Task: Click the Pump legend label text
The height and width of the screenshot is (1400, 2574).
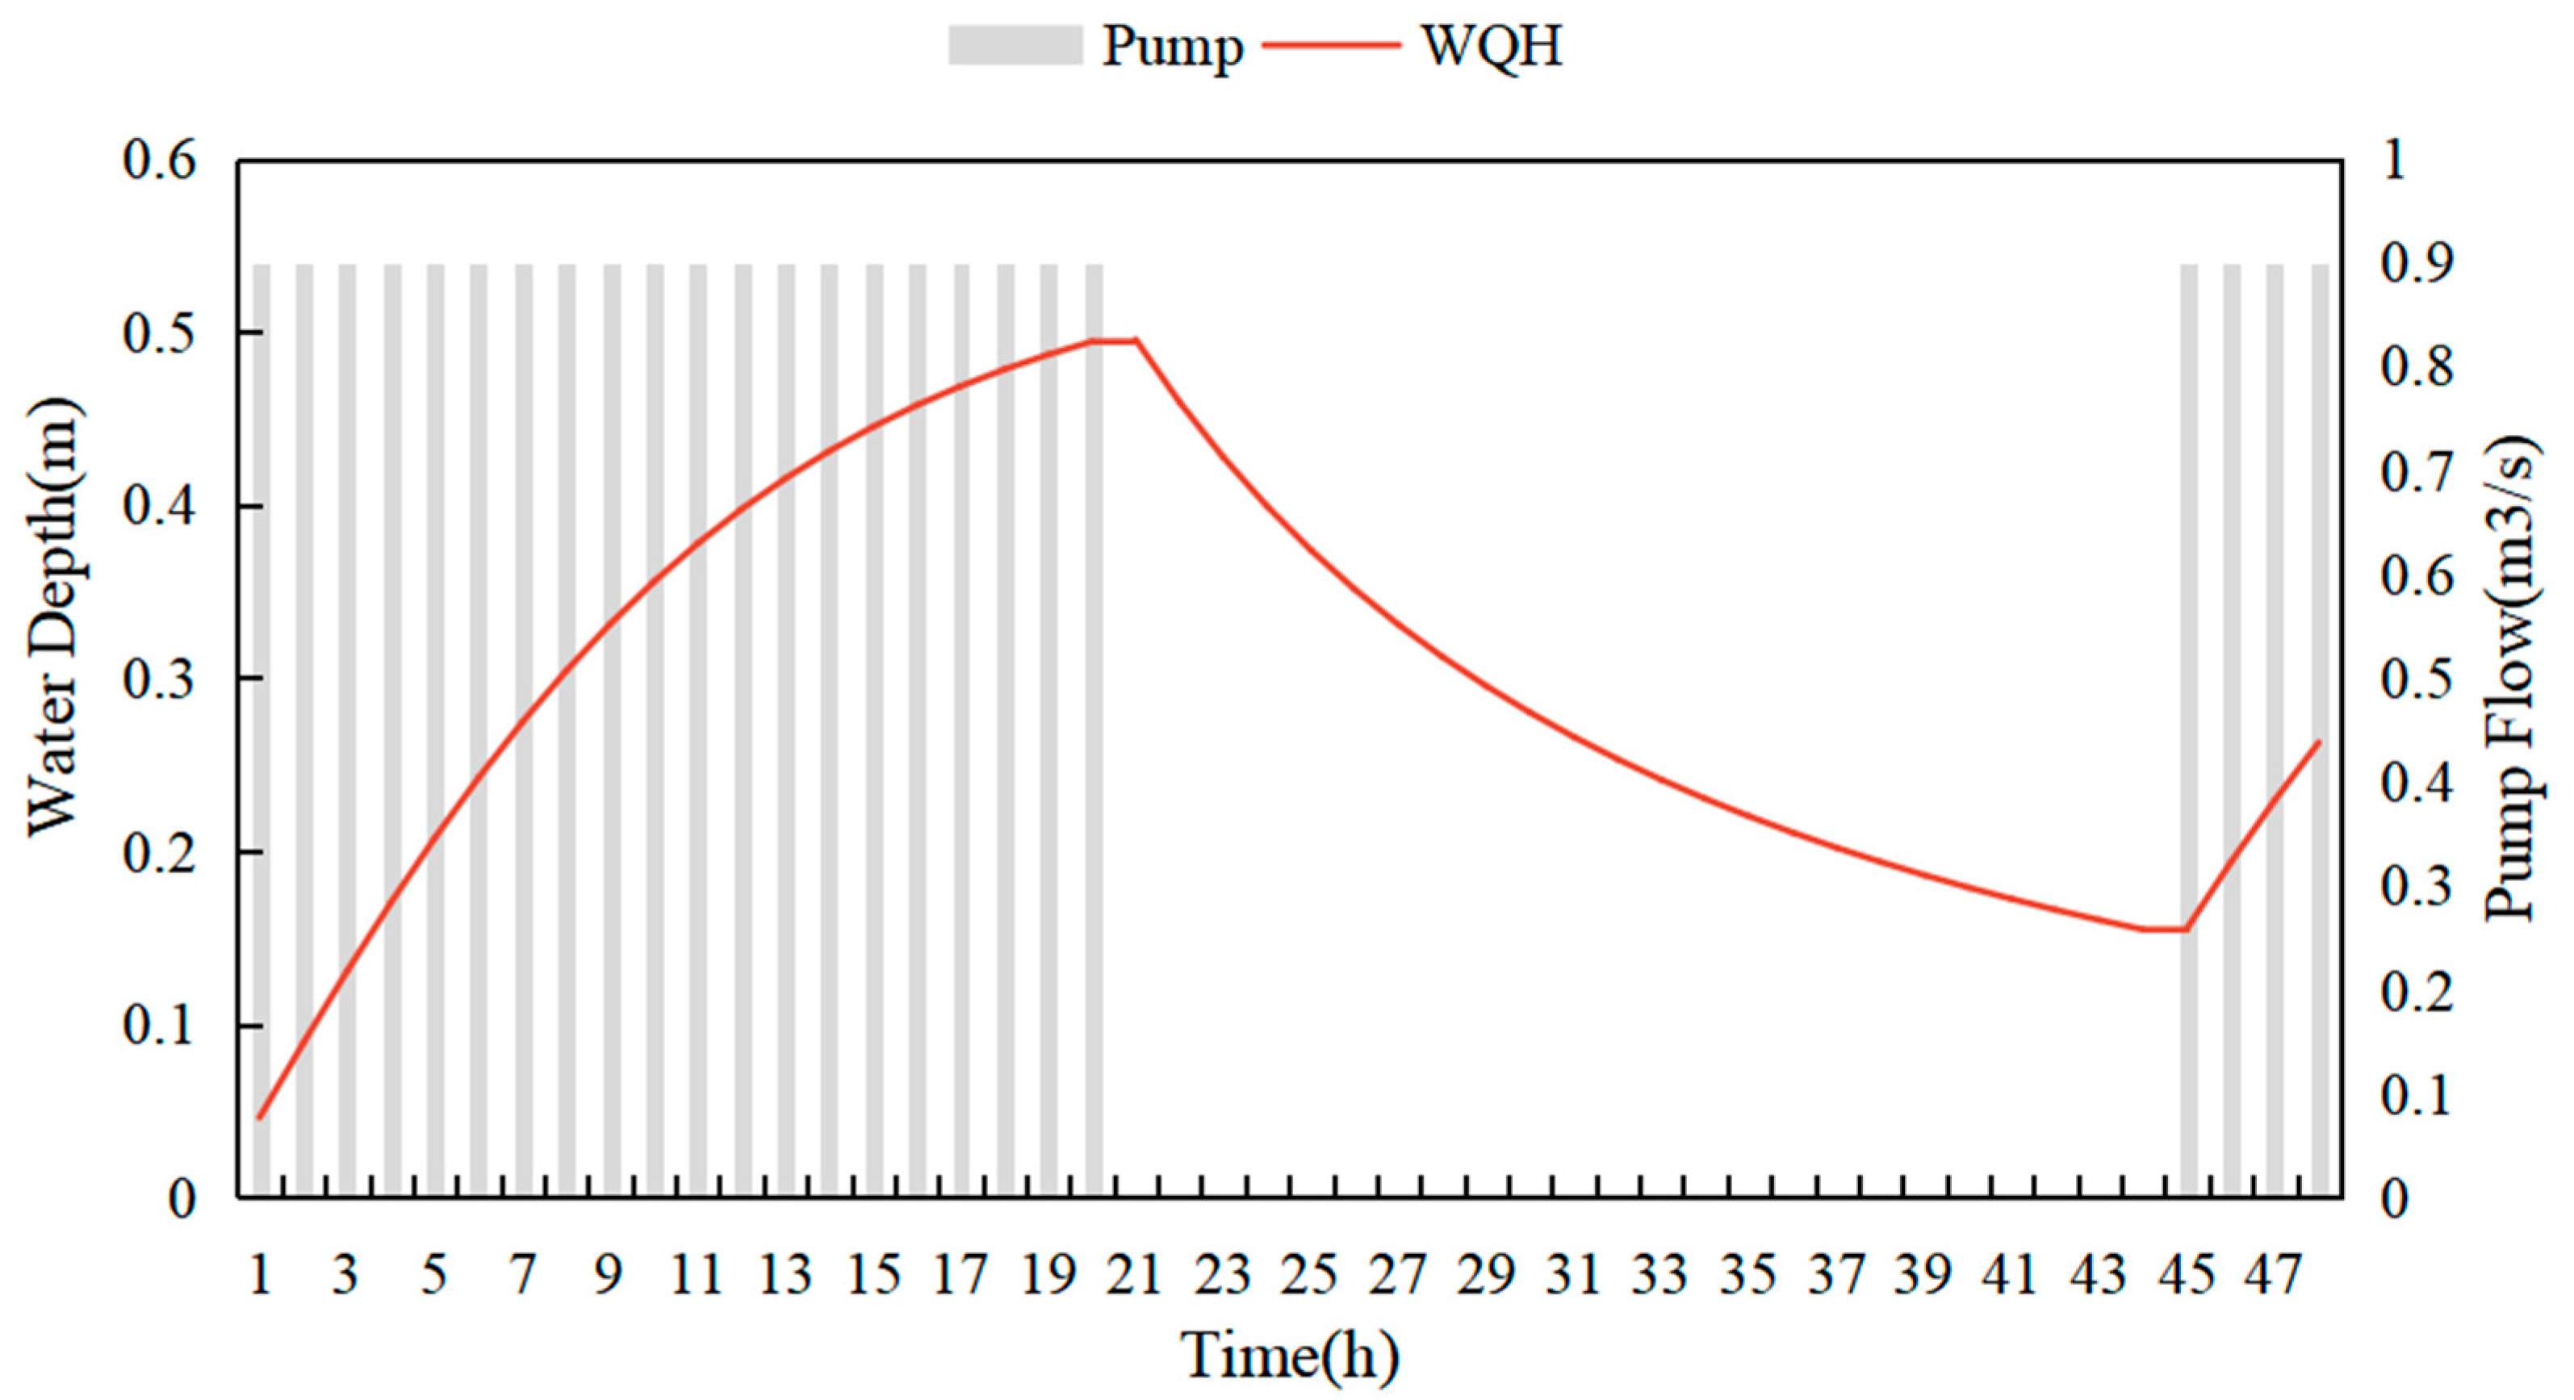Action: [1171, 46]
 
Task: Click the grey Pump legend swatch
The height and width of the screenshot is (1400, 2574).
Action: [1015, 46]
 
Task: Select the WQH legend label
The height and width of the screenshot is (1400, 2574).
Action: [1491, 46]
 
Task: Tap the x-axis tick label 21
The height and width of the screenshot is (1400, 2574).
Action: [1135, 1275]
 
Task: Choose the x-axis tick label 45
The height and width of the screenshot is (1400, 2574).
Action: [2187, 1275]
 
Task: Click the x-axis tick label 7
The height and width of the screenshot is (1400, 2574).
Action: [521, 1275]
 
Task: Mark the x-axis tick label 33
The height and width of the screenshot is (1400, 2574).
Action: [1660, 1275]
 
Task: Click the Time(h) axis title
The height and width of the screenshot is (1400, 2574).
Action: [1289, 1356]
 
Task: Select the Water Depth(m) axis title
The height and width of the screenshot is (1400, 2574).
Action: [54, 617]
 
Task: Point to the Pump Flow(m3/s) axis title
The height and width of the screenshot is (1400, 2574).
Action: [2512, 679]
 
